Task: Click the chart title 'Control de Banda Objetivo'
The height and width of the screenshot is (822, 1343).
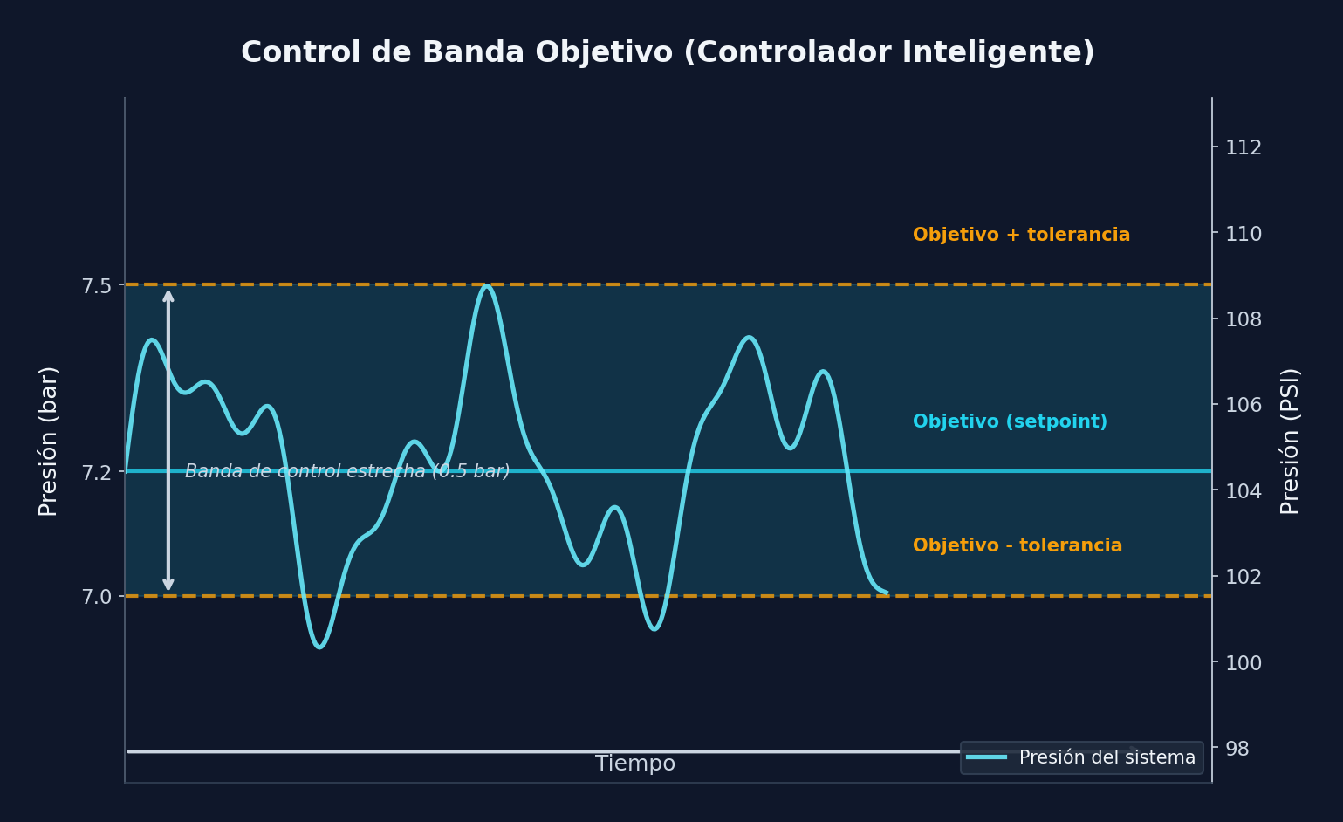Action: (668, 53)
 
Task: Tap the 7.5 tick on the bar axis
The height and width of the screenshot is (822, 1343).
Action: (96, 285)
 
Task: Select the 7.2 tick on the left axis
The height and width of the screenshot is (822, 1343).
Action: (96, 472)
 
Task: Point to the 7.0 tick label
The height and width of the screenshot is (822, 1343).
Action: (96, 597)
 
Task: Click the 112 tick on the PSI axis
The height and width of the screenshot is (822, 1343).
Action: (1243, 147)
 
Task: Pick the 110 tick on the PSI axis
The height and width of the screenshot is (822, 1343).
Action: (1243, 234)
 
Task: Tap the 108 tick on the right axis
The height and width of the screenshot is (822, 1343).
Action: (1243, 319)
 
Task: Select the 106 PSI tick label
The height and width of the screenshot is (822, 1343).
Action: (1243, 405)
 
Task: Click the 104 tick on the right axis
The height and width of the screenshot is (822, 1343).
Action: (1243, 491)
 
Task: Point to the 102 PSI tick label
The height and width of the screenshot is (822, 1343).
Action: (1243, 577)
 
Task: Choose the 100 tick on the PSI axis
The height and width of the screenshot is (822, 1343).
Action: (1243, 663)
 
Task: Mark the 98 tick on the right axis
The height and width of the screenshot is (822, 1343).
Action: (1237, 749)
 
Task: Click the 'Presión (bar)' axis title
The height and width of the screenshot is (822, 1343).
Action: (49, 441)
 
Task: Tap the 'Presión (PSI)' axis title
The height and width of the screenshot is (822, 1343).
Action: (1290, 441)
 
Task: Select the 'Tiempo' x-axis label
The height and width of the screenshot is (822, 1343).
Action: (634, 764)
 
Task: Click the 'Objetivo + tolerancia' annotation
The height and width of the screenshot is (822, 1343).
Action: (1021, 236)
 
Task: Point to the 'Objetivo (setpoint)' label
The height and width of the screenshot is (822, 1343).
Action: (1010, 422)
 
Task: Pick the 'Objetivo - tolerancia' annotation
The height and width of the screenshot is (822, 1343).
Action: (1017, 546)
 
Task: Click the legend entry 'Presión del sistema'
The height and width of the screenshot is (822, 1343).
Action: (1107, 757)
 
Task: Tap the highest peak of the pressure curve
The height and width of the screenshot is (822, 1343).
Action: (486, 285)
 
